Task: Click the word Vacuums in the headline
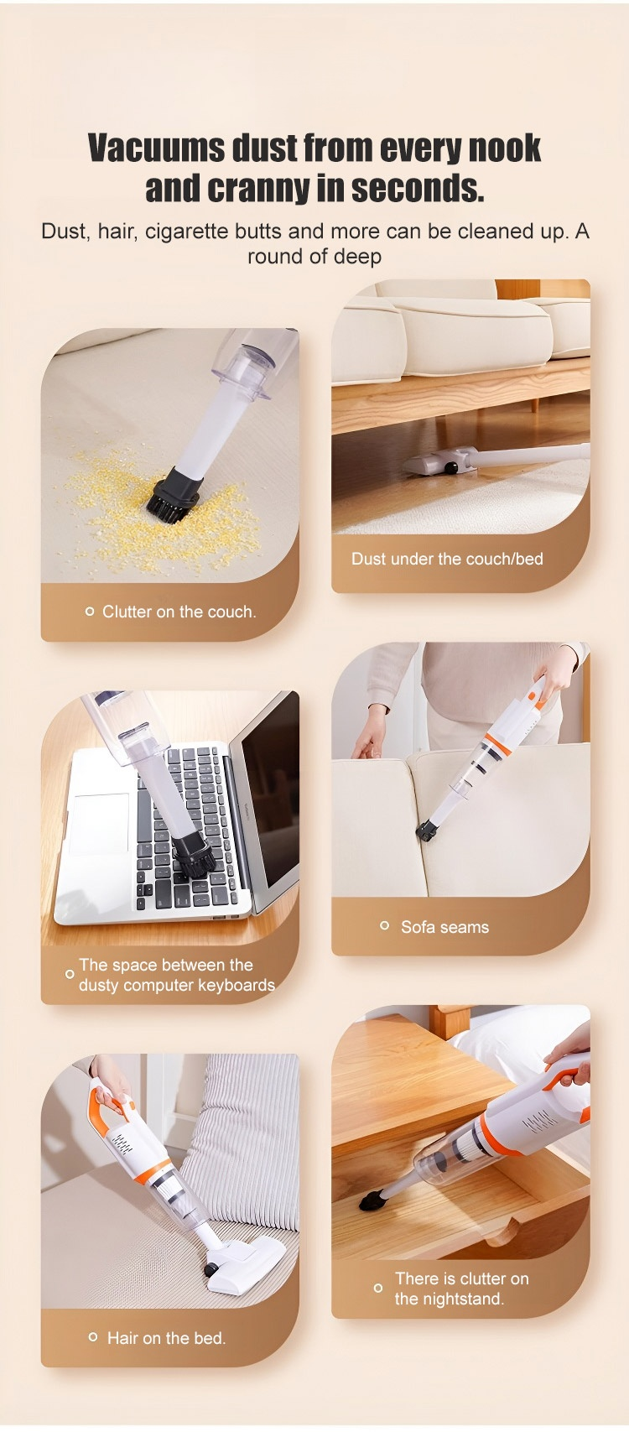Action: coord(156,148)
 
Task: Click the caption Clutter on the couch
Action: coord(179,612)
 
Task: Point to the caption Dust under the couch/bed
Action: coord(447,559)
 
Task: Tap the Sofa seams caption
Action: coord(444,927)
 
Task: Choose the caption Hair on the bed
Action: coord(166,1338)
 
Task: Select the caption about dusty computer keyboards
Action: coord(177,974)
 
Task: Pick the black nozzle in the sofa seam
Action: coord(427,831)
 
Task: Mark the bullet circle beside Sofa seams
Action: coord(384,925)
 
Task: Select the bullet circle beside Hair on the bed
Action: coord(93,1336)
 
